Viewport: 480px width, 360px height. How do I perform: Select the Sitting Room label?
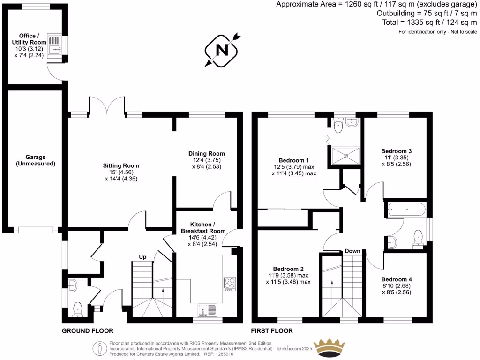pyautogui.click(x=121, y=172)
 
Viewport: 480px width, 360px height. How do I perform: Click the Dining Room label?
pyautogui.click(x=207, y=160)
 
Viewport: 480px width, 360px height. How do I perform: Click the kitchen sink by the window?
pyautogui.click(x=207, y=310)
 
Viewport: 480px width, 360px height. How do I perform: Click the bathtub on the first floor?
pyautogui.click(x=406, y=209)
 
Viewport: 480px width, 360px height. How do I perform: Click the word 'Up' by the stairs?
pyautogui.click(x=143, y=256)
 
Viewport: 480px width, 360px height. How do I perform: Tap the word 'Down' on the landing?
pyautogui.click(x=352, y=251)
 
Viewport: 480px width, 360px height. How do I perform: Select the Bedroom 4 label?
pyautogui.click(x=397, y=283)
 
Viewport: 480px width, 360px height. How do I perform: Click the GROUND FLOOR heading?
pyautogui.click(x=87, y=331)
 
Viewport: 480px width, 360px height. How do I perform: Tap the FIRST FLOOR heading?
pyautogui.click(x=272, y=331)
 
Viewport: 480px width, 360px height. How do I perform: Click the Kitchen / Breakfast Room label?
pyautogui.click(x=204, y=228)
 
